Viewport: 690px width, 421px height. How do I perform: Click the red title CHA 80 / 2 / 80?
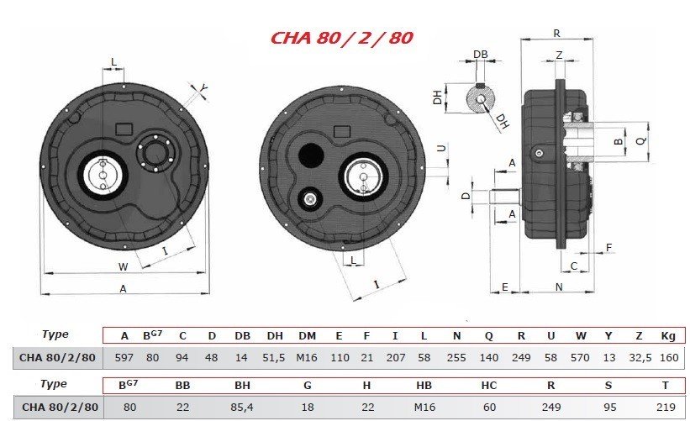(x=341, y=38)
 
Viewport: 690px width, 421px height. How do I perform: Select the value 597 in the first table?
(x=124, y=358)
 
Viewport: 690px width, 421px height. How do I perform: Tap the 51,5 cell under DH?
(x=274, y=358)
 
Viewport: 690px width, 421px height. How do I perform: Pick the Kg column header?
(x=668, y=336)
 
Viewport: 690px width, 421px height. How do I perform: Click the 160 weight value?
(x=669, y=358)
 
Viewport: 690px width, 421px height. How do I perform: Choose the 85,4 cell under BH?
(x=242, y=408)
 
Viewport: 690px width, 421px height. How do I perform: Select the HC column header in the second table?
(x=489, y=386)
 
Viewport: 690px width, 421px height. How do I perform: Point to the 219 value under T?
(x=666, y=408)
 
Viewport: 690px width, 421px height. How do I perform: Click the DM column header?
(x=307, y=336)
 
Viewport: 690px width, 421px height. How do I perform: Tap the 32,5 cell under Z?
(x=640, y=358)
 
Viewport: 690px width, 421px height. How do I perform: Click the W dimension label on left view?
(x=124, y=267)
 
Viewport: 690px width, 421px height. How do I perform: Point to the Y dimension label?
(x=203, y=89)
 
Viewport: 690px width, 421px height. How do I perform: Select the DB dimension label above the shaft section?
(x=481, y=54)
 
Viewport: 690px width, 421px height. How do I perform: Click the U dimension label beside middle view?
(x=441, y=148)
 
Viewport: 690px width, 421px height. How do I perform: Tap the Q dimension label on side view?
(x=641, y=140)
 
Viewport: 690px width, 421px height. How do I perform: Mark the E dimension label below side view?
(x=505, y=287)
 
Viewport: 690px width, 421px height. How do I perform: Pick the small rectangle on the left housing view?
(x=124, y=129)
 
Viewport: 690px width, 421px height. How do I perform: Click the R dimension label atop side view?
(x=556, y=33)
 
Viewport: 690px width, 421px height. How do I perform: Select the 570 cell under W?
(x=580, y=358)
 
